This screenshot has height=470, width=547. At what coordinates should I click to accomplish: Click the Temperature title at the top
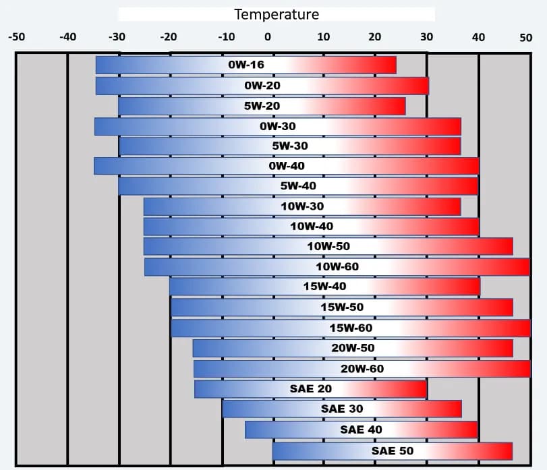[x=277, y=14]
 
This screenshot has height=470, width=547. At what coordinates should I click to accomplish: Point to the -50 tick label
[x=16, y=36]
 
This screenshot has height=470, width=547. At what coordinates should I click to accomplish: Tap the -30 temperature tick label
[x=117, y=36]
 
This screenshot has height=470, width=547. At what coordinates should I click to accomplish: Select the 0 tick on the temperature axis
[x=268, y=36]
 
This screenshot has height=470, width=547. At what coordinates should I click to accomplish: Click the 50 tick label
[x=526, y=37]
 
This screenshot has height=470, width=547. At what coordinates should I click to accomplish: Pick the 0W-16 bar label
[x=246, y=65]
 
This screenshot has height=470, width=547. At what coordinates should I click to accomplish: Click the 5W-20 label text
[x=262, y=106]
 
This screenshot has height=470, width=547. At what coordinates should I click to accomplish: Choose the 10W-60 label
[x=337, y=267]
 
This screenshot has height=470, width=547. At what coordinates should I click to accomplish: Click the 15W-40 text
[x=324, y=287]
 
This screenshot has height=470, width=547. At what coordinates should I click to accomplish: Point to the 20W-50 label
[x=353, y=348]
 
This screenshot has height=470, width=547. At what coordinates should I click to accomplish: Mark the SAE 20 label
[x=310, y=389]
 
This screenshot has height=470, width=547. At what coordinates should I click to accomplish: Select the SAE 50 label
[x=392, y=450]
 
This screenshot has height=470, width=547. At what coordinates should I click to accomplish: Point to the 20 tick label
[x=374, y=36]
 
